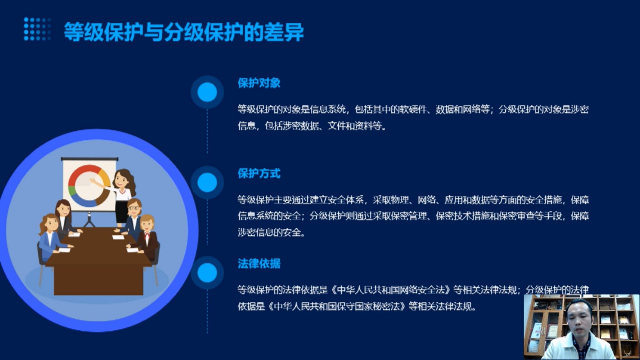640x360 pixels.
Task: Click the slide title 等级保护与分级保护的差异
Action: click(x=184, y=32)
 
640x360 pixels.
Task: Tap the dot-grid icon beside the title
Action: click(x=37, y=29)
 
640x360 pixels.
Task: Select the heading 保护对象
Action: click(x=259, y=83)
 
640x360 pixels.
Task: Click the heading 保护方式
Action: click(x=259, y=173)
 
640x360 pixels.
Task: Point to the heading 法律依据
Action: click(x=259, y=264)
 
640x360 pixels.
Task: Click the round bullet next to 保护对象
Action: click(x=207, y=92)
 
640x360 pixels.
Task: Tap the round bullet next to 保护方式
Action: click(x=207, y=182)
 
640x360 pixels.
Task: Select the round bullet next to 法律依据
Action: click(x=207, y=272)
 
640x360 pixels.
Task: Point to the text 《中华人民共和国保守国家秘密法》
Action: click(x=337, y=307)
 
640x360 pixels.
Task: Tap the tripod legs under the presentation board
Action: click(x=89, y=220)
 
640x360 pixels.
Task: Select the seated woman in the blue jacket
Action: click(x=51, y=237)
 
